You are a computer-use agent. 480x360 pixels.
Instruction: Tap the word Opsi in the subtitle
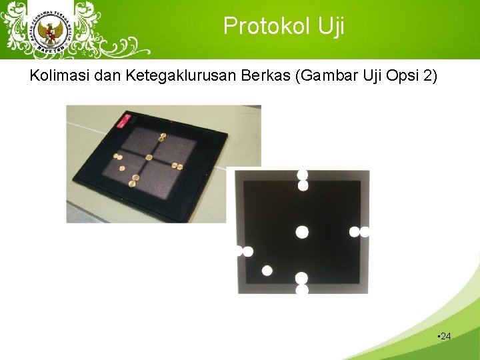click(400, 75)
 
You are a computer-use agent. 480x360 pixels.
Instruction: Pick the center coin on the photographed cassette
click(149, 157)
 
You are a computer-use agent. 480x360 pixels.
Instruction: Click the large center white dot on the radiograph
click(302, 232)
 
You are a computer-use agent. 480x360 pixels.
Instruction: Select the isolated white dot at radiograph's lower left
click(267, 271)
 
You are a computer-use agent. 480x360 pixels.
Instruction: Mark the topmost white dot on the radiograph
click(302, 175)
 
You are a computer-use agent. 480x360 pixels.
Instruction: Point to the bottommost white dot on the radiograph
click(302, 289)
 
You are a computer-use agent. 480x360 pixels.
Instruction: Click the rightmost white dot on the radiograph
click(364, 232)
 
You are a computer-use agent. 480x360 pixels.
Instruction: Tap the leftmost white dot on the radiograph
click(239, 251)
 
